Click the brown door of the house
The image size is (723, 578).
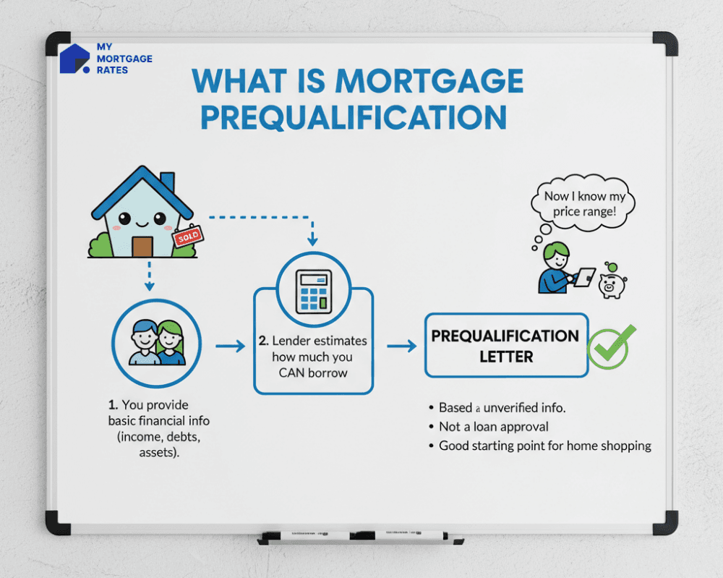[x=142, y=246]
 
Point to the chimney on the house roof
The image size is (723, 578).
[x=167, y=181]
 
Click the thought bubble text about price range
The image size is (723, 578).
[x=586, y=203]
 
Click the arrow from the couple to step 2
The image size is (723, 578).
[x=231, y=347]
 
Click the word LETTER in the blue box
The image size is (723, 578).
[x=506, y=357]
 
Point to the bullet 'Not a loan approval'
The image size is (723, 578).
[x=494, y=427]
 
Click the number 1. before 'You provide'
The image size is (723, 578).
[x=113, y=405]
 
